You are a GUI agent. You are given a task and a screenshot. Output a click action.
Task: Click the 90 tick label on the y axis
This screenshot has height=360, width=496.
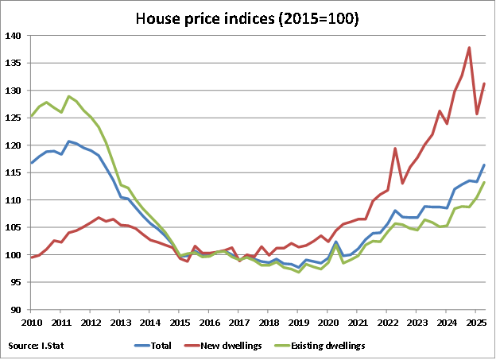[15, 310]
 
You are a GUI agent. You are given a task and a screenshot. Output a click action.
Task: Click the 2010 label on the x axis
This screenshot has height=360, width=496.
[32, 322]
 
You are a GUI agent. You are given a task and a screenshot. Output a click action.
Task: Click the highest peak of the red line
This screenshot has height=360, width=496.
[469, 48]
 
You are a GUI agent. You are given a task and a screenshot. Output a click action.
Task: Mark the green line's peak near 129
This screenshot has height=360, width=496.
[69, 96]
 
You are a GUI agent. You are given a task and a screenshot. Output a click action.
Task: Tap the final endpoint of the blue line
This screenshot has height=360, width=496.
[484, 165]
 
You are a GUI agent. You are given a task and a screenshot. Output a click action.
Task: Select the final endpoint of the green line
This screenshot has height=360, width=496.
[484, 183]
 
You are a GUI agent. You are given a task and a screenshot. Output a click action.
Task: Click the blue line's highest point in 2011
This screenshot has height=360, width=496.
[69, 141]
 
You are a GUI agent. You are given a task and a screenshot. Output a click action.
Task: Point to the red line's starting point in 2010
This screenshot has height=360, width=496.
[32, 257]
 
